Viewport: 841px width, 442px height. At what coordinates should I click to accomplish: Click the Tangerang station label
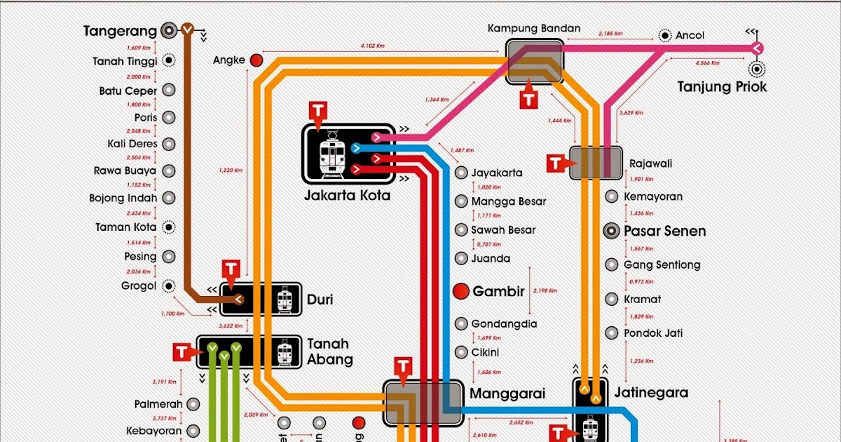click(x=118, y=31)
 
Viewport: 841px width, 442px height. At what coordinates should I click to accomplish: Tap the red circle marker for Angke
click(x=257, y=60)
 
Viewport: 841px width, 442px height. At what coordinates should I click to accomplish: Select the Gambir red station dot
click(x=460, y=291)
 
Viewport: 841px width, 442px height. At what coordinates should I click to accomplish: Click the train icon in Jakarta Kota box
click(x=331, y=156)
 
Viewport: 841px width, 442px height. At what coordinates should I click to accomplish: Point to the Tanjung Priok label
click(x=721, y=87)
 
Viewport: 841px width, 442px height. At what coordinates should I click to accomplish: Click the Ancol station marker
click(x=664, y=36)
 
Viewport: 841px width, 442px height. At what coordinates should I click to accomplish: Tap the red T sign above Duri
click(x=231, y=269)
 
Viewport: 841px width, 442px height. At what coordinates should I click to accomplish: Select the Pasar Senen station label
click(x=664, y=231)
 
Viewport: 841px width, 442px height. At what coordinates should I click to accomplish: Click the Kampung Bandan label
click(x=534, y=29)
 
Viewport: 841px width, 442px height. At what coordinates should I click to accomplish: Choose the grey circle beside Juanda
click(x=460, y=258)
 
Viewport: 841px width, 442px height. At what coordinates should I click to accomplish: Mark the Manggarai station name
click(x=507, y=394)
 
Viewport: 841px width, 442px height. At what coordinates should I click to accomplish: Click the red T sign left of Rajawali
click(x=555, y=163)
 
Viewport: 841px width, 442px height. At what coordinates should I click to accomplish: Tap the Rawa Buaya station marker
click(x=169, y=170)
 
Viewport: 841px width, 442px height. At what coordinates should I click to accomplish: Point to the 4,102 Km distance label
click(x=372, y=46)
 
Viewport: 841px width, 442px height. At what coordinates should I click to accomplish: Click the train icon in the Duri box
click(x=285, y=300)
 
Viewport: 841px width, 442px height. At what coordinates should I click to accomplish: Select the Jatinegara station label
click(x=651, y=393)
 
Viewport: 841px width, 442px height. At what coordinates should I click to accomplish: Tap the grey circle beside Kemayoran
click(x=612, y=197)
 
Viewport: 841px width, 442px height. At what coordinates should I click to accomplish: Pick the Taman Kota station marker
click(x=169, y=227)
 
